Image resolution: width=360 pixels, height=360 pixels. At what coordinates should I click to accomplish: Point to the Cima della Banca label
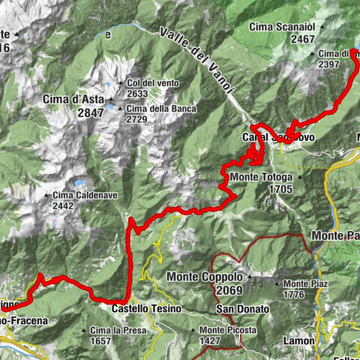(161, 109)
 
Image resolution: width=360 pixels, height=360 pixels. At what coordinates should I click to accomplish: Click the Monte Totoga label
(262, 177)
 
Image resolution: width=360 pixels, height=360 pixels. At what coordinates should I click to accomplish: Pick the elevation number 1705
(283, 189)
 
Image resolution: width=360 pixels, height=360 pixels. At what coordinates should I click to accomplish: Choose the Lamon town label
(299, 340)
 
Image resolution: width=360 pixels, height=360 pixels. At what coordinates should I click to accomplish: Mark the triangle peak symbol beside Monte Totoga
(301, 178)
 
